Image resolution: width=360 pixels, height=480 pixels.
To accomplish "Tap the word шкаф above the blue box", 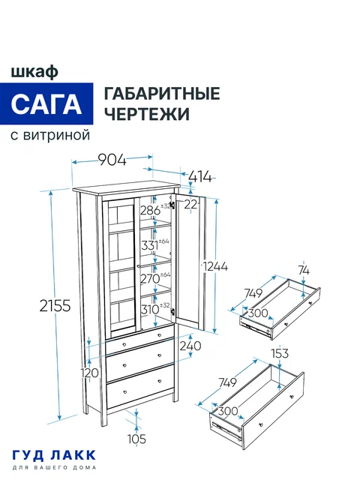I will [x=35, y=71].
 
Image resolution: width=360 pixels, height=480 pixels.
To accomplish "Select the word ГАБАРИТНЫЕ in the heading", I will [x=161, y=94].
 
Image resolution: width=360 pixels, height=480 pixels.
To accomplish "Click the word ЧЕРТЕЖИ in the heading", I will [x=145, y=114].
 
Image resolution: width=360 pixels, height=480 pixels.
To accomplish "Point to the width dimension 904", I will [x=112, y=159].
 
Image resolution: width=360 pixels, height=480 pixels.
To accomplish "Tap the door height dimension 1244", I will [x=214, y=266].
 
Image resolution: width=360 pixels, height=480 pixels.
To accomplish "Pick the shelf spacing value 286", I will [x=150, y=211].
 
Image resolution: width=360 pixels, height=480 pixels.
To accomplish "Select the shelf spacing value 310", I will [x=150, y=308].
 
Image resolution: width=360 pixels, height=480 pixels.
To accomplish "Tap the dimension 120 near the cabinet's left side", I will [x=91, y=372].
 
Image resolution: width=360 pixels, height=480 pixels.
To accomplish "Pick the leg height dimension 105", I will [x=136, y=439].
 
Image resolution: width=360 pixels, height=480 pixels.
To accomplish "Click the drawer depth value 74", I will [x=303, y=271].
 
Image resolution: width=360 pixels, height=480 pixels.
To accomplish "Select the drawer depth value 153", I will [x=278, y=353].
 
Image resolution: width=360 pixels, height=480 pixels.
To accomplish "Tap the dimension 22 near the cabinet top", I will [x=190, y=204].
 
